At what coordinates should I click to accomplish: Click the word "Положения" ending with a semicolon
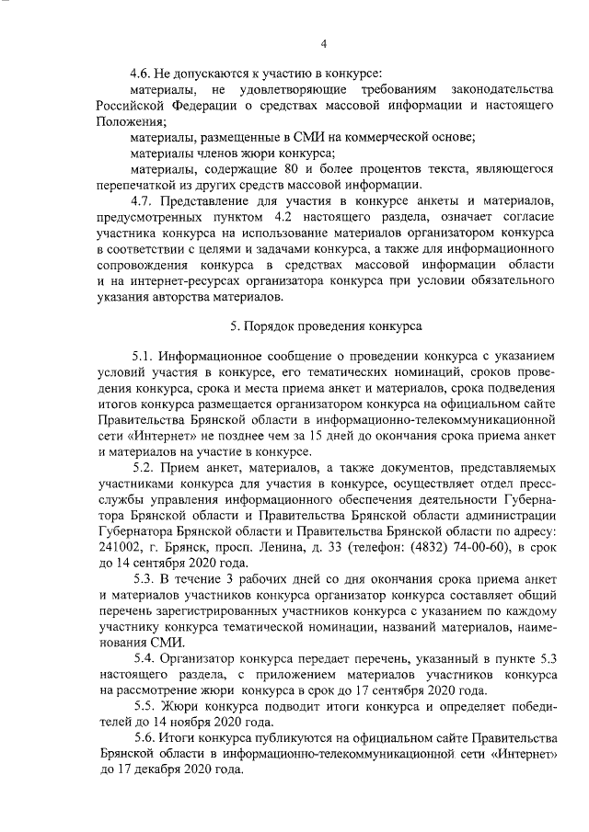click(x=128, y=121)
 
